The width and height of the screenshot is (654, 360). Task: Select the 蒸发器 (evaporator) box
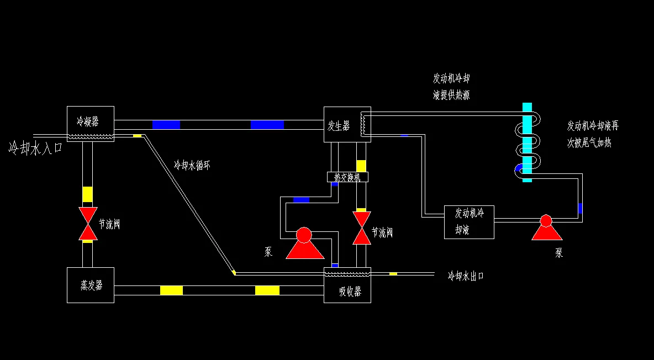[90, 285]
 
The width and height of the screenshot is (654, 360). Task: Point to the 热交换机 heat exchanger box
[347, 177]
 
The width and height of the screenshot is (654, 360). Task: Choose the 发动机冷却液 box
[469, 222]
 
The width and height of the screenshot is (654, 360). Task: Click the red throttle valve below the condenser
[88, 224]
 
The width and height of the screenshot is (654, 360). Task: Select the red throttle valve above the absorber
[361, 228]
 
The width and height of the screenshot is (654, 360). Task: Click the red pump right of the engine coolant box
[546, 227]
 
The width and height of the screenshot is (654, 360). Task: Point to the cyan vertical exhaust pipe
[527, 142]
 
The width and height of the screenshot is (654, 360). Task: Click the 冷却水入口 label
[35, 148]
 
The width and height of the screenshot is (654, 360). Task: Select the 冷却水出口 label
[466, 276]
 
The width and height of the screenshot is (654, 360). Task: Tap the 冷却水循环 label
[192, 165]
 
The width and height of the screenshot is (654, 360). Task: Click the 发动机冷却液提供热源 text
[451, 87]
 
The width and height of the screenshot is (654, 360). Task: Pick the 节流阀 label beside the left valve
[109, 224]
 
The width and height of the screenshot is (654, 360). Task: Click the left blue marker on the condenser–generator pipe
[166, 125]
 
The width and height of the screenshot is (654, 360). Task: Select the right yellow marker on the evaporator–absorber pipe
[267, 290]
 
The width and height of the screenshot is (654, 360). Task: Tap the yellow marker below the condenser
[87, 194]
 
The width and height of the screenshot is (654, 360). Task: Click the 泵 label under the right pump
[559, 253]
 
